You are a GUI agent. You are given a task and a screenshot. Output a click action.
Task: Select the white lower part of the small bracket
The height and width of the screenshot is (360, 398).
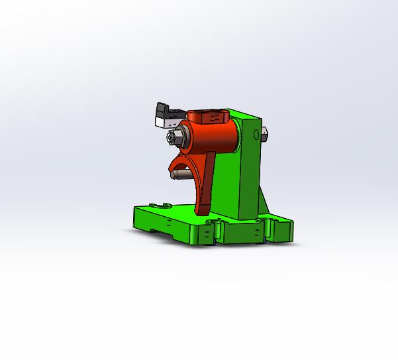[x=164, y=121]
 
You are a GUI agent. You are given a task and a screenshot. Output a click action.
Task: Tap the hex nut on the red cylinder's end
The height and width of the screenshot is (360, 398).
[x=174, y=138]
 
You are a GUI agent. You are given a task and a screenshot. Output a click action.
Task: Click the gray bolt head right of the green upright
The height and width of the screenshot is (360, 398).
[x=264, y=135]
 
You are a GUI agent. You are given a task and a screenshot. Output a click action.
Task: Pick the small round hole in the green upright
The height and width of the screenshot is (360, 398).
[x=256, y=135]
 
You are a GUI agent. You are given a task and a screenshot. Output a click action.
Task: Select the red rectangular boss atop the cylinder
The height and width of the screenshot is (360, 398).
[x=211, y=117]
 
